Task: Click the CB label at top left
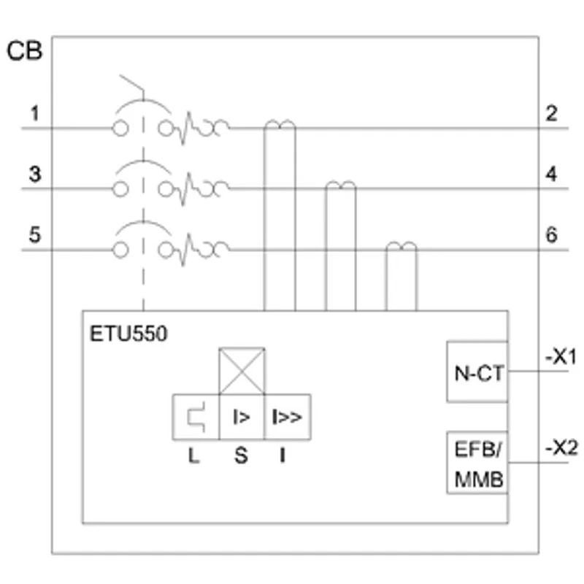(25, 50)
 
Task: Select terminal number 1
(34, 114)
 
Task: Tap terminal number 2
(551, 114)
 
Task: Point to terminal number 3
(35, 174)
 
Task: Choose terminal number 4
(551, 174)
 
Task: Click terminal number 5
(34, 234)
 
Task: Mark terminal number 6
(552, 234)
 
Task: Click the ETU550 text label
(128, 334)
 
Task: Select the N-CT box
(477, 372)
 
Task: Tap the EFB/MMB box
(477, 463)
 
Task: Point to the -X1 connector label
(561, 357)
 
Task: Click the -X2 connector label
(561, 448)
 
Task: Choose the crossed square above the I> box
(242, 371)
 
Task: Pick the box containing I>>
(288, 417)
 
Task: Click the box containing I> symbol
(242, 417)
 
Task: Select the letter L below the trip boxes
(193, 456)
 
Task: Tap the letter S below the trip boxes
(241, 456)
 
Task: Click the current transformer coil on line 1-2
(280, 123)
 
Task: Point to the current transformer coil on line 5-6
(401, 245)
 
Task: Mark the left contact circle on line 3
(120, 189)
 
